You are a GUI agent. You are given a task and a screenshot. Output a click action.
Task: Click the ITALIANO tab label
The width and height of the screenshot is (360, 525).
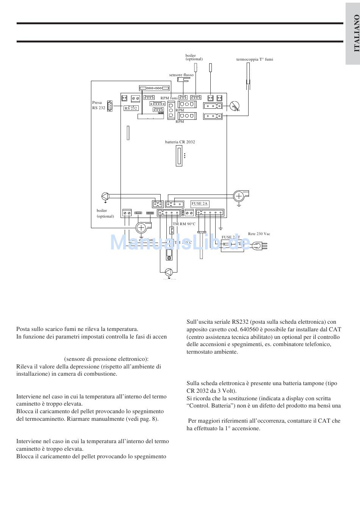pyautogui.click(x=356, y=33)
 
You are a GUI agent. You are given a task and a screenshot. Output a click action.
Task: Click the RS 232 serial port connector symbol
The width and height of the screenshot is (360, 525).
pyautogui.click(x=110, y=106)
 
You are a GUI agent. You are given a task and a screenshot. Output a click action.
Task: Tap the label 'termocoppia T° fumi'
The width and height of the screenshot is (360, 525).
pyautogui.click(x=254, y=59)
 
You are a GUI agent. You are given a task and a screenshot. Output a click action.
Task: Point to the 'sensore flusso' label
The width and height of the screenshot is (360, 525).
pyautogui.click(x=181, y=75)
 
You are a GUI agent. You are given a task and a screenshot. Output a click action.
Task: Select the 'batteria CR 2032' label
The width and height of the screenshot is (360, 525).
pyautogui.click(x=180, y=142)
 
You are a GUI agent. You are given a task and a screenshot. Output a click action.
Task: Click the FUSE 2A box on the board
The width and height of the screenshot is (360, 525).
pyautogui.click(x=199, y=204)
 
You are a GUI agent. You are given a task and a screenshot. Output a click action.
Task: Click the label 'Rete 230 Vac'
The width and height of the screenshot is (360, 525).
pyautogui.click(x=259, y=234)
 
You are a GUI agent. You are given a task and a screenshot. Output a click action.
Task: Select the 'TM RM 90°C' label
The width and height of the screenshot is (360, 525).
pyautogui.click(x=184, y=224)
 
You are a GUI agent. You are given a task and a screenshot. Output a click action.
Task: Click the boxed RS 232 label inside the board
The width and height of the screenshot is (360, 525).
pyautogui.click(x=131, y=108)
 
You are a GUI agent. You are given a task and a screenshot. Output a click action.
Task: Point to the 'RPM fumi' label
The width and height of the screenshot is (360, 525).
pyautogui.click(x=169, y=98)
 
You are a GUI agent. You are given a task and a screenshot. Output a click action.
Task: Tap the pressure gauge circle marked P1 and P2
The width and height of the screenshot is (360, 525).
pyautogui.click(x=235, y=107)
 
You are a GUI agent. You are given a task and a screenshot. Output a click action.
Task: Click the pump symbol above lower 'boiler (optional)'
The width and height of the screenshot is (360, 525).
pyautogui.click(x=105, y=196)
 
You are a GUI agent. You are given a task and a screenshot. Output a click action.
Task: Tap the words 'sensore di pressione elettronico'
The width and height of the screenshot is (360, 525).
pyautogui.click(x=106, y=359)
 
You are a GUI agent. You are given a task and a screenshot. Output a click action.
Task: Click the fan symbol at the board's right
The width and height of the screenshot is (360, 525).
pyautogui.click(x=239, y=196)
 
